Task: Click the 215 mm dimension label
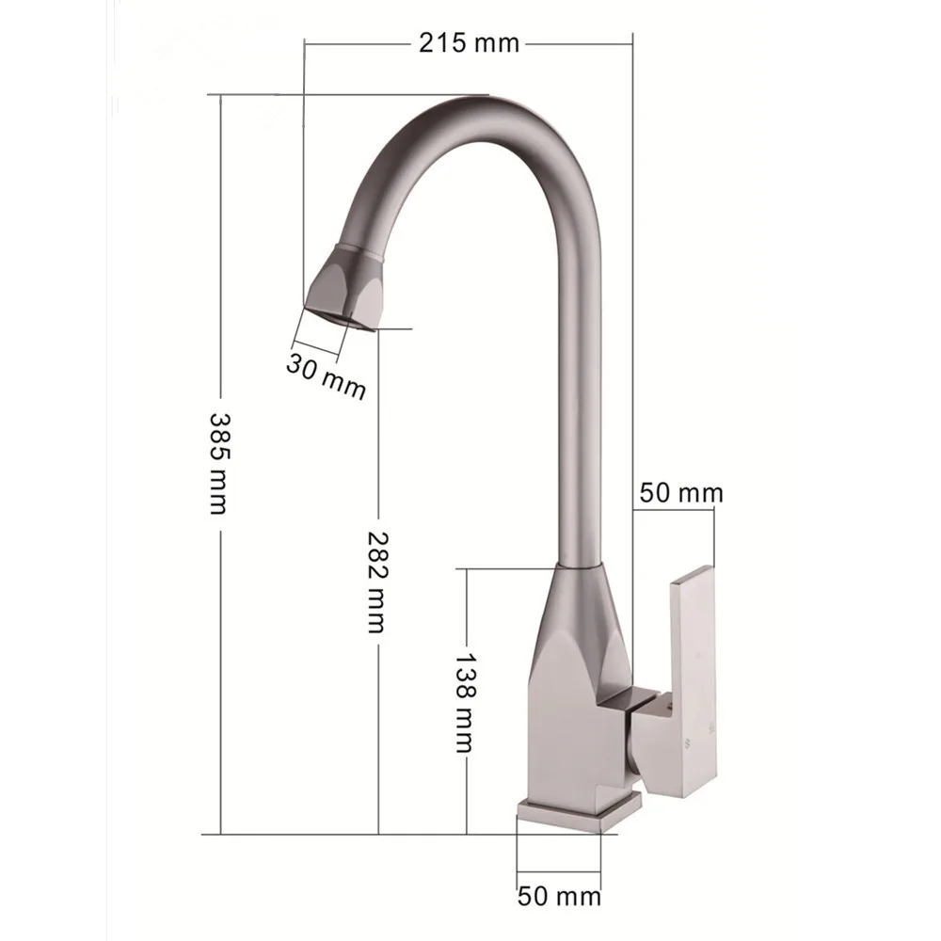click(469, 43)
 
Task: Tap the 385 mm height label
click(216, 463)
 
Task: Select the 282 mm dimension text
click(378, 582)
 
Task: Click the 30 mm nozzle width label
click(326, 376)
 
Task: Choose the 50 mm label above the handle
click(681, 493)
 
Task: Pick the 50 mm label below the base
click(559, 897)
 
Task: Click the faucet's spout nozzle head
click(343, 287)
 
